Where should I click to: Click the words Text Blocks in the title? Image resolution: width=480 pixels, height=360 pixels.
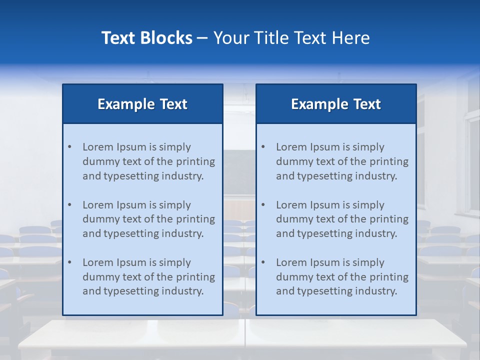(x=146, y=38)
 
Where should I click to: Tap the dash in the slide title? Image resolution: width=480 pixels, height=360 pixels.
(x=202, y=38)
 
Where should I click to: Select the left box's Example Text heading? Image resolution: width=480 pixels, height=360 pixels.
(x=142, y=104)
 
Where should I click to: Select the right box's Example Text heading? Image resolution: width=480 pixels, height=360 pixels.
(x=336, y=104)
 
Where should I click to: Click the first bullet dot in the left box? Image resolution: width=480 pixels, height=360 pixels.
(x=70, y=147)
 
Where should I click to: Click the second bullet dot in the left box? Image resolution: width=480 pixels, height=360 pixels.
(x=70, y=205)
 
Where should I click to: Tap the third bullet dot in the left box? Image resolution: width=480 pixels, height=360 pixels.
(x=70, y=262)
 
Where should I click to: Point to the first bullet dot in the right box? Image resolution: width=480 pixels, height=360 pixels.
(x=263, y=147)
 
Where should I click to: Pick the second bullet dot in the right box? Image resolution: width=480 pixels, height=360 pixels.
(x=263, y=205)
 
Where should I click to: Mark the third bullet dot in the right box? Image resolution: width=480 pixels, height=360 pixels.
(x=263, y=262)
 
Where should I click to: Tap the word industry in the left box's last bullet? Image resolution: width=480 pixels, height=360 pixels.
(x=182, y=291)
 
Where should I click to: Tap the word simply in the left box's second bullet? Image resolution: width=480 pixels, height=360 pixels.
(x=175, y=205)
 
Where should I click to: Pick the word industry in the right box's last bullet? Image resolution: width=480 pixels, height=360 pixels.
(x=375, y=291)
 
